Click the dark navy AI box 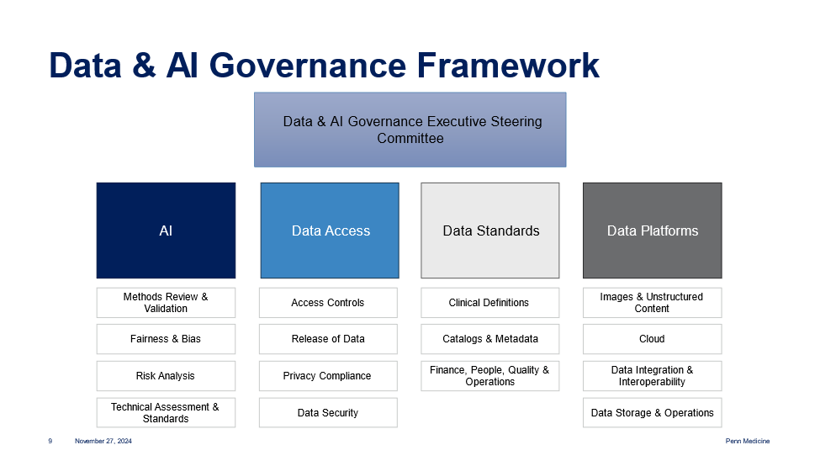point(166,231)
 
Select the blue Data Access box point(330,231)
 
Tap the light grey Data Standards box point(490,231)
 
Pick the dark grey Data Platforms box point(652,231)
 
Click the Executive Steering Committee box point(410,130)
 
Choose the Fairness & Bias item point(166,339)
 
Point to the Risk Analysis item point(166,376)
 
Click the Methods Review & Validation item point(166,303)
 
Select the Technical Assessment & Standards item point(166,412)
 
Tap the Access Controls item point(328,303)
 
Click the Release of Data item point(328,339)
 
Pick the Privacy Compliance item point(328,376)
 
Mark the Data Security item point(328,412)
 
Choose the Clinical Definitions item point(490,303)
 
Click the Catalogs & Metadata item point(490,339)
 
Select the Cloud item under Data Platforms point(652,339)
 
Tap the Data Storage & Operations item point(652,412)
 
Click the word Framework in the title point(508,66)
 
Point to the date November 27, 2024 point(103,441)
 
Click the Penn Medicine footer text point(748,441)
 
